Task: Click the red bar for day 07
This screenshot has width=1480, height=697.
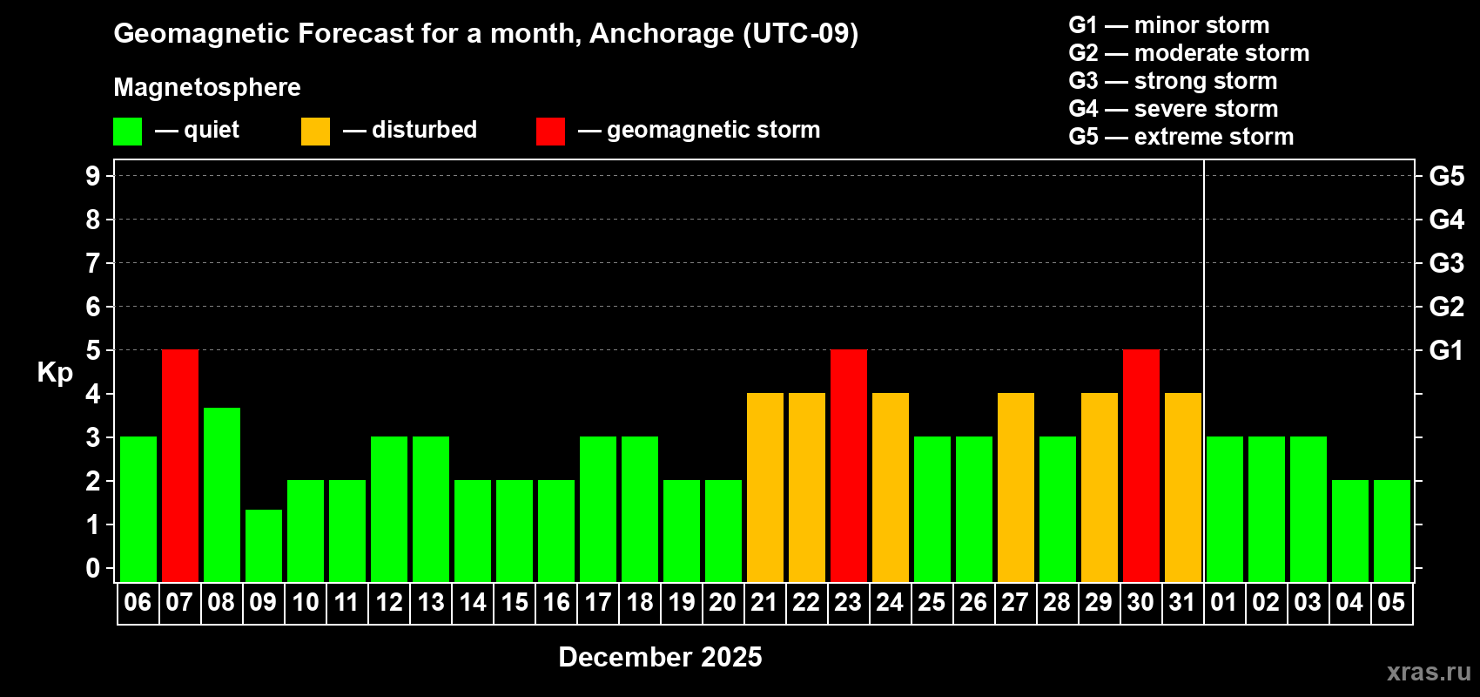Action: pos(180,465)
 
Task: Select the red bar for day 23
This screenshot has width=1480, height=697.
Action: pos(849,465)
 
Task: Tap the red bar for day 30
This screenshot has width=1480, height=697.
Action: pos(1141,465)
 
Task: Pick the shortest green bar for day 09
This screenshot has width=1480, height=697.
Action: pos(264,545)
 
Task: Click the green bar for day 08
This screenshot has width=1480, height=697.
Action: pos(222,495)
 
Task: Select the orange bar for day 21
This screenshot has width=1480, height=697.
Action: pos(765,487)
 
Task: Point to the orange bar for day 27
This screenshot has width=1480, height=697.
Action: pos(1016,487)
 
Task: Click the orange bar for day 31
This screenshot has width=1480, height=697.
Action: pos(1183,487)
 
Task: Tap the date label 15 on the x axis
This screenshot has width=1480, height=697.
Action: pos(514,602)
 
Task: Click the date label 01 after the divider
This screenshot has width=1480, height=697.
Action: pos(1224,602)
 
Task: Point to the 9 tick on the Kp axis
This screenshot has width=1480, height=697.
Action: pos(93,176)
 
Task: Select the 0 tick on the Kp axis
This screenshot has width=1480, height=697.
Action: pos(93,568)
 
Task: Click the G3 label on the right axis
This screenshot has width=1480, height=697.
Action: pos(1447,263)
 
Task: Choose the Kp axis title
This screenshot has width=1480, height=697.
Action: pos(55,373)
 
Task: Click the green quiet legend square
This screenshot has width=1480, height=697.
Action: pos(127,131)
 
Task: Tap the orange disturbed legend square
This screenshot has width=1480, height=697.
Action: pos(315,131)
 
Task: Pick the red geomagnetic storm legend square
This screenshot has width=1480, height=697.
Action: pos(551,131)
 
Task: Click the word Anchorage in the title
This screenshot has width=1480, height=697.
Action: pos(662,34)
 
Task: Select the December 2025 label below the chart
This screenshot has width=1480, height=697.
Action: pos(660,657)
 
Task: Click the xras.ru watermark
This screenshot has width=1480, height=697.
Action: pos(1430,672)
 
